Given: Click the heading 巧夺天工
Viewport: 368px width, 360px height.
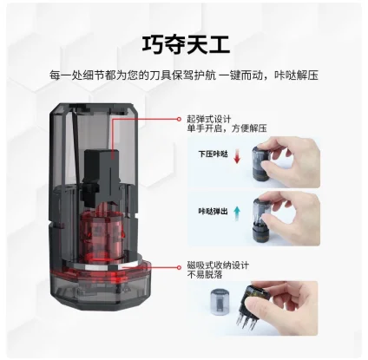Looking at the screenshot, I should [183, 43].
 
